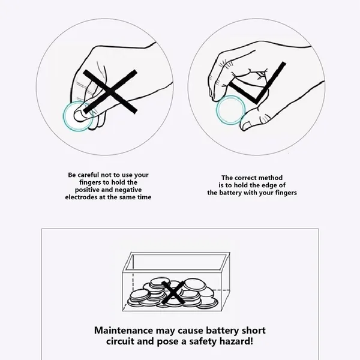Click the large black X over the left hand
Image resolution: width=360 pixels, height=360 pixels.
click(110, 92)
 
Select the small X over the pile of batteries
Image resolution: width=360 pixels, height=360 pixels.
click(173, 292)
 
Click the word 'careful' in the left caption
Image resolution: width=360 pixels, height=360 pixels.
click(88, 175)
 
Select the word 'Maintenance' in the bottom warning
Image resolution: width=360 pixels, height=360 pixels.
click(124, 331)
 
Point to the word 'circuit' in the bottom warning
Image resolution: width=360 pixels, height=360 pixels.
click(120, 341)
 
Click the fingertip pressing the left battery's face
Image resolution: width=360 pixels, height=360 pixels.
click(79, 115)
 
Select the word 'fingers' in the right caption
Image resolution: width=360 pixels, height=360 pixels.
click(286, 193)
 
